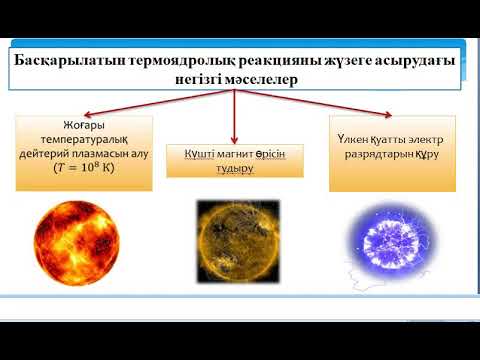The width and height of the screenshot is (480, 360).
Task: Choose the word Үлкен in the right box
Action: (357, 137)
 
